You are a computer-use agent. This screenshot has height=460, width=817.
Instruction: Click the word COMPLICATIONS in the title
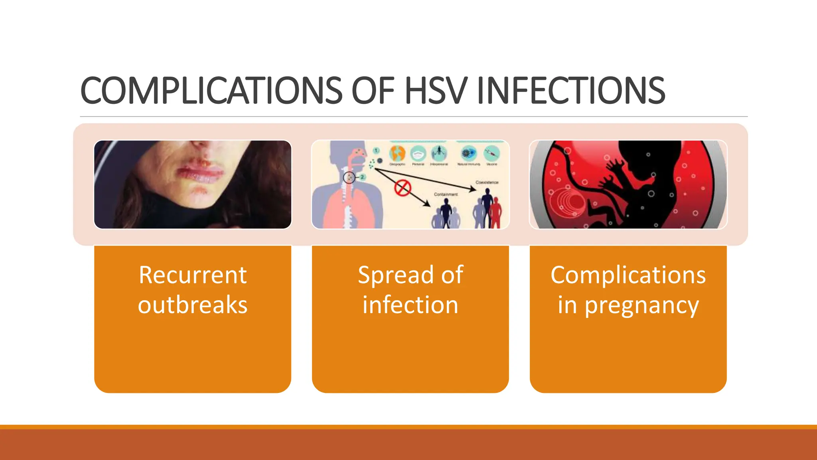click(x=211, y=91)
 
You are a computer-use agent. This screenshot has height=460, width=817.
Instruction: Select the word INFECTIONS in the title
click(x=570, y=91)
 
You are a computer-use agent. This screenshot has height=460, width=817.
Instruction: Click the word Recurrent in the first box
click(x=193, y=275)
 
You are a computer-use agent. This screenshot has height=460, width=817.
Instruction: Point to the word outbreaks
click(x=193, y=305)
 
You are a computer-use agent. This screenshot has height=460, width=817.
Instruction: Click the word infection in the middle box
click(x=410, y=305)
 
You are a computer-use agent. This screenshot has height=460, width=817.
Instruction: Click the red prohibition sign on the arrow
click(x=403, y=188)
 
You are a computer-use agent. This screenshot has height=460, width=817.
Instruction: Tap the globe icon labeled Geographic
click(x=397, y=153)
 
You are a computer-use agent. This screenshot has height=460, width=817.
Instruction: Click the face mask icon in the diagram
click(x=418, y=153)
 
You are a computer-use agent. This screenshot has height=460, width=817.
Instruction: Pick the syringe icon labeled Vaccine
click(x=491, y=153)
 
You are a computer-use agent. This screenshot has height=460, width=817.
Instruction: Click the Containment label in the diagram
click(x=446, y=194)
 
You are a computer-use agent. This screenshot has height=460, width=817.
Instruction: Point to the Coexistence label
click(x=487, y=182)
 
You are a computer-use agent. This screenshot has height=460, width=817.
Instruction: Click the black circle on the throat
click(x=349, y=177)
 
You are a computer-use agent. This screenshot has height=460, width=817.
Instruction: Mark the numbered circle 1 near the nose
click(x=376, y=151)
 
